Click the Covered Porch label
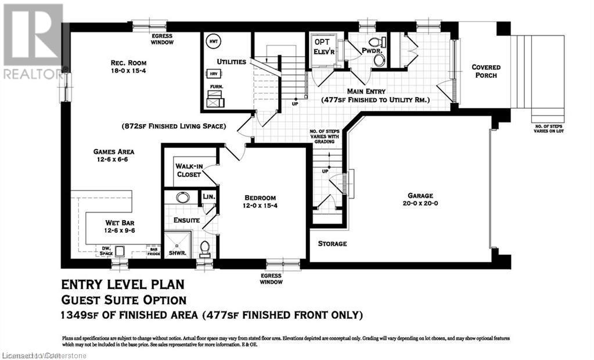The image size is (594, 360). [485, 71]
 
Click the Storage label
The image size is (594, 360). [332, 243]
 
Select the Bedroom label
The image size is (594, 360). [260, 201]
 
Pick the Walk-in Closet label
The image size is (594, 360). [188, 170]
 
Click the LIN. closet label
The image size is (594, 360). [208, 197]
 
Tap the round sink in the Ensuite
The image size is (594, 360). [182, 197]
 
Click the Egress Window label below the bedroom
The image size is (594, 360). [271, 279]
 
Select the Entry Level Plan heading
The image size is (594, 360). [123, 285]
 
